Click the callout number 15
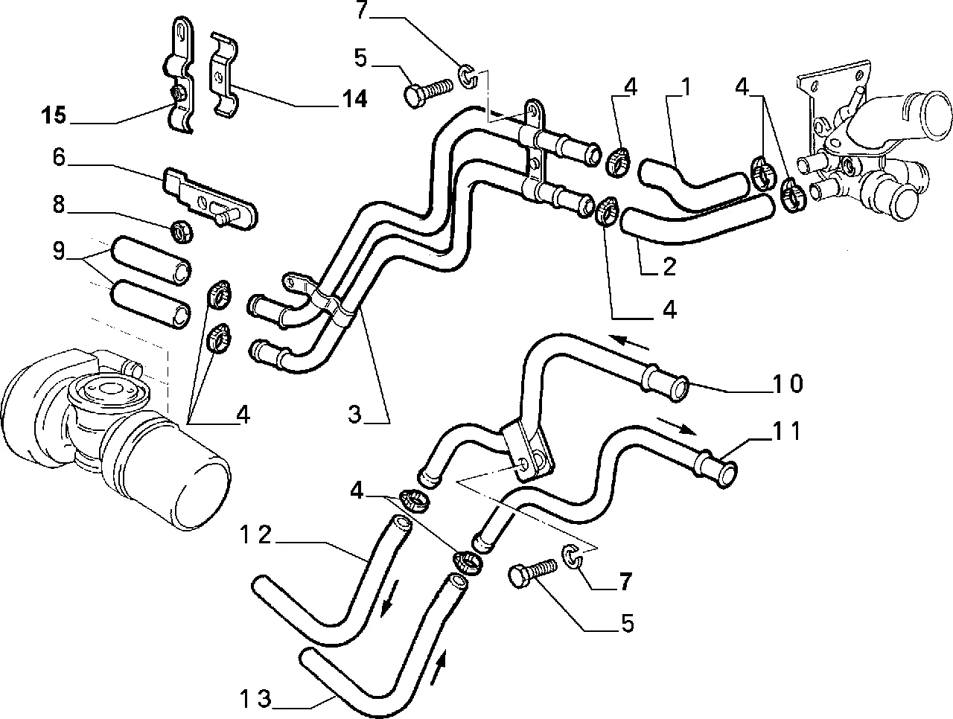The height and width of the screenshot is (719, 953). coord(54,116)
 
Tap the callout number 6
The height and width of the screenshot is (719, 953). coord(60,157)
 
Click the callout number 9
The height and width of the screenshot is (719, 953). coord(59,252)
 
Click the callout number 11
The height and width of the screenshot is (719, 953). coord(786,431)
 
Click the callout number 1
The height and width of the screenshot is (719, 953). coord(685,88)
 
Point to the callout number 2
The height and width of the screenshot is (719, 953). coord(668,266)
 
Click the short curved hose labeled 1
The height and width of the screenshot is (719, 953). coord(692,183)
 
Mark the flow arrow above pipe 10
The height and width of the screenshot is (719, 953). coord(629,342)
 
